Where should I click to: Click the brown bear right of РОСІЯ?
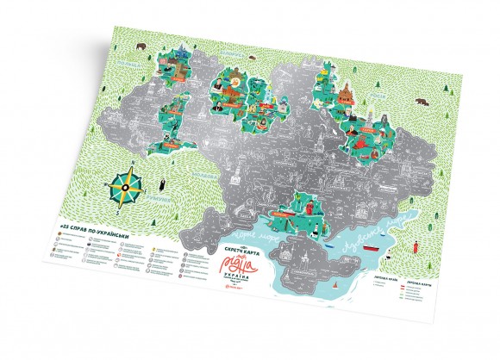(424, 102)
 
